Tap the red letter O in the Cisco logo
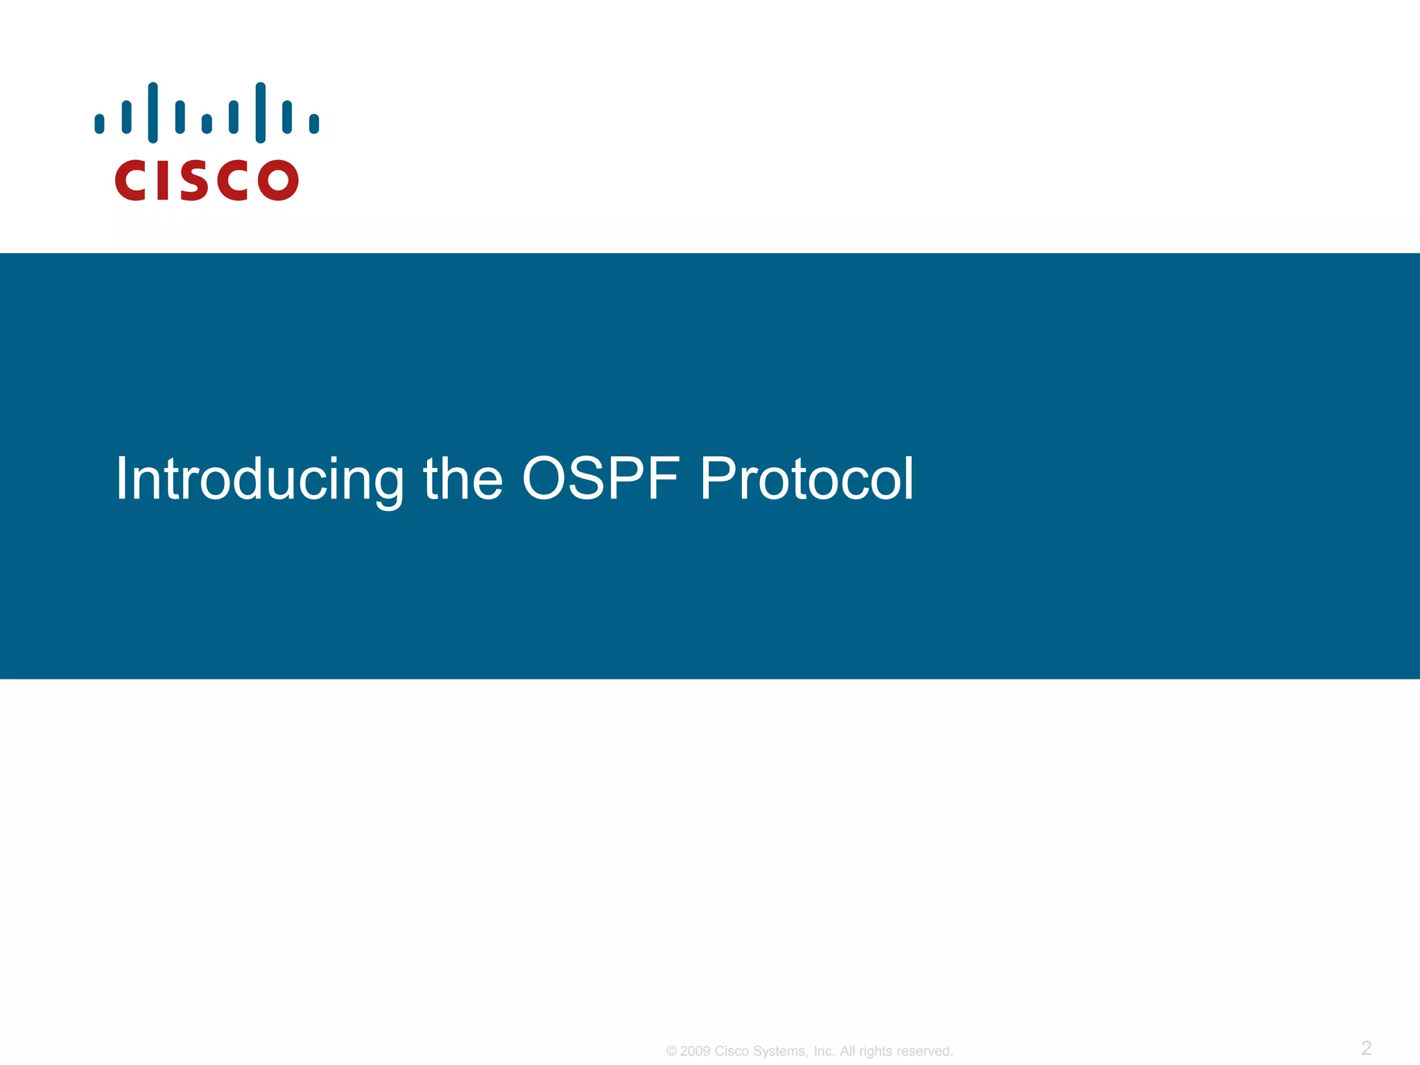pos(278,180)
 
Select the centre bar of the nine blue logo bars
pos(207,123)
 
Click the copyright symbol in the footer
pos(671,1052)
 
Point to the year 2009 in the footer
pos(695,1052)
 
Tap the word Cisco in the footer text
pos(731,1052)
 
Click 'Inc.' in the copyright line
pos(824,1052)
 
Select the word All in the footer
pos(848,1052)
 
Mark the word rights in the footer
pos(875,1052)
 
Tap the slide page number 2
pos(1366,1048)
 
